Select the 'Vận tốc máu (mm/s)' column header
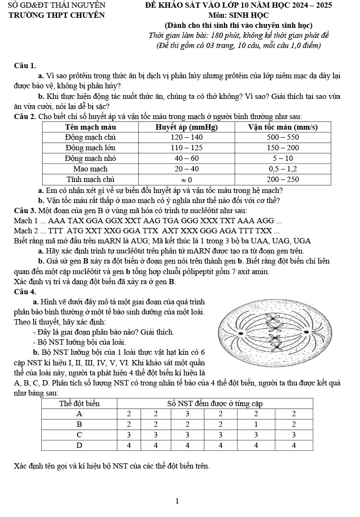[x=283, y=127]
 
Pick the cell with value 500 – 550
[x=283, y=137]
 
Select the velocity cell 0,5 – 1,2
[x=283, y=169]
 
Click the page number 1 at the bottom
[x=177, y=501]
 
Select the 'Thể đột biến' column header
[x=79, y=403]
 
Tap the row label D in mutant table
[x=79, y=445]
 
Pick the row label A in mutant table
[x=79, y=414]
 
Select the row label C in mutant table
[x=79, y=435]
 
